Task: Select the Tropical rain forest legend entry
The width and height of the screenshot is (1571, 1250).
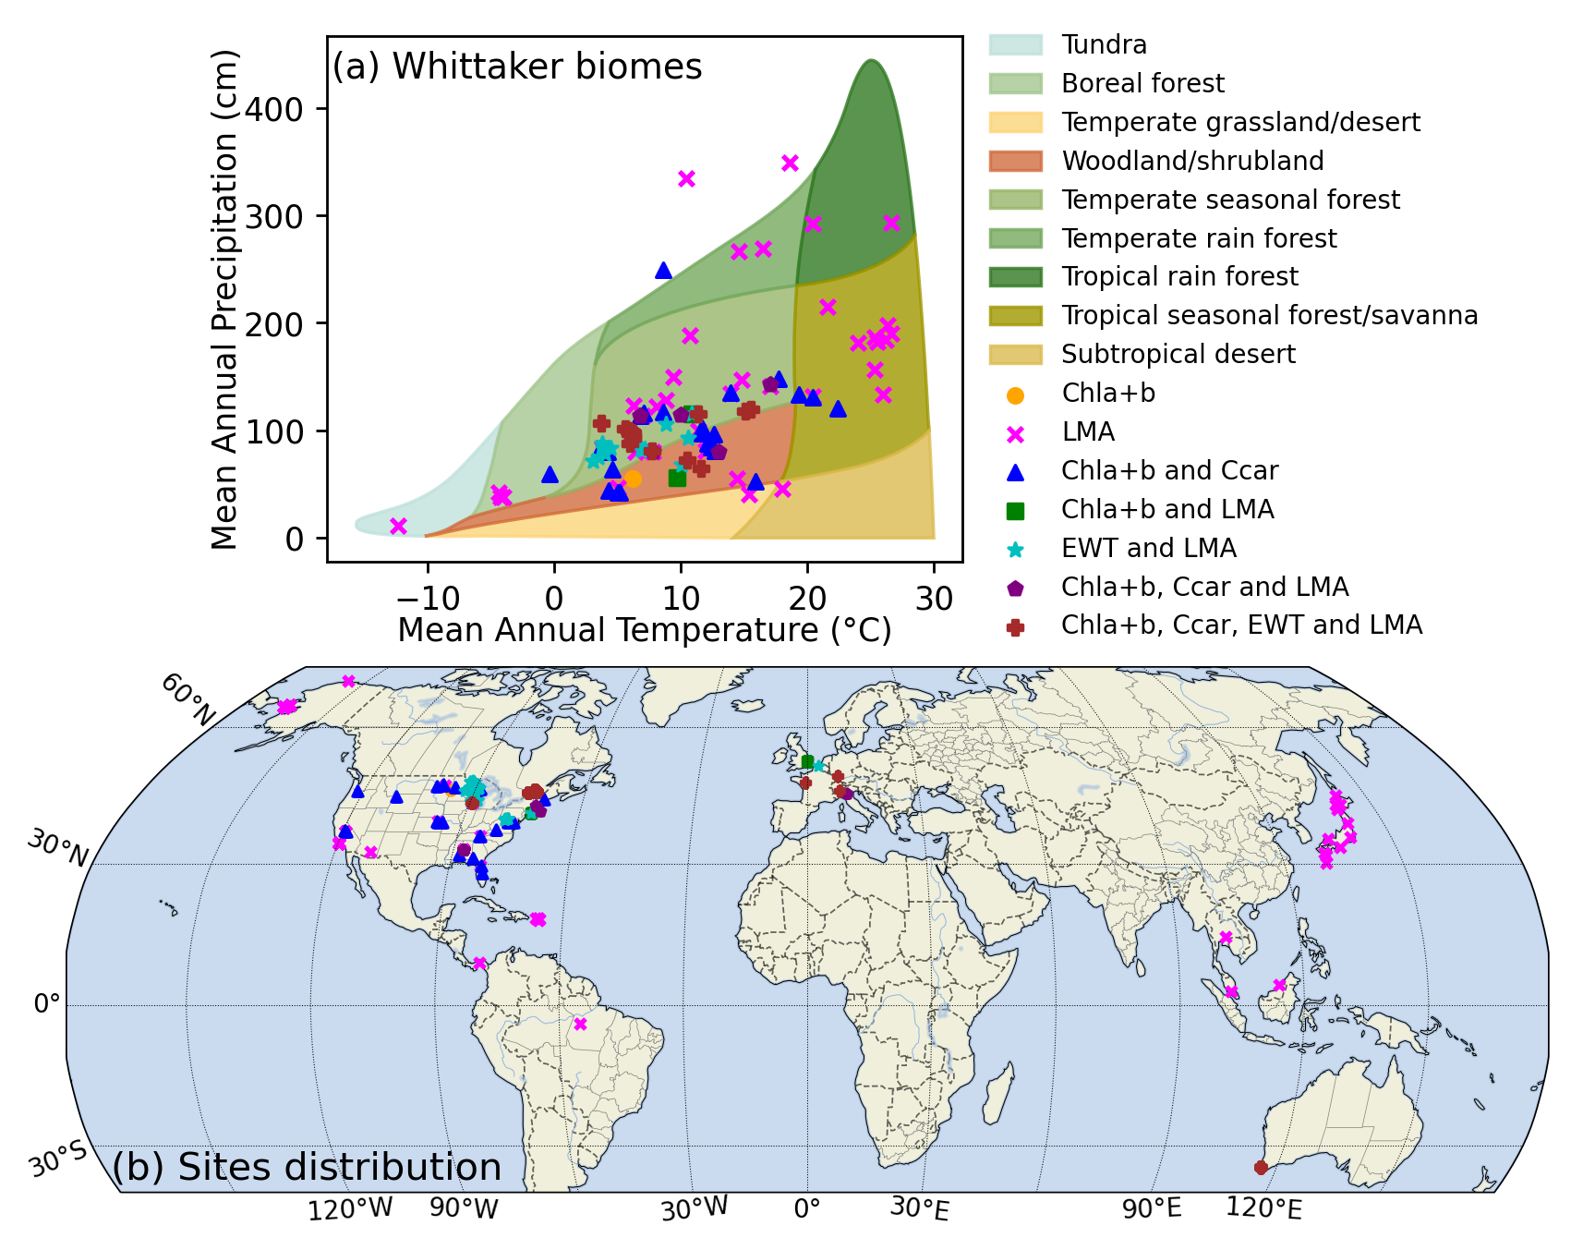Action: [x=1179, y=276]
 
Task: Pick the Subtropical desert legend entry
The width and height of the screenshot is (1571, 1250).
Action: [x=1178, y=354]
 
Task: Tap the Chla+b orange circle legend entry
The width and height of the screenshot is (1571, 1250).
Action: [x=1107, y=394]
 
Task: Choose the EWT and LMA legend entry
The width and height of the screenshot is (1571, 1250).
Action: [x=1148, y=548]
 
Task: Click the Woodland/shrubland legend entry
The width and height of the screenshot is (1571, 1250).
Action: [x=1191, y=161]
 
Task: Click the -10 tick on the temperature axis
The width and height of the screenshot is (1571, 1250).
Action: [x=428, y=599]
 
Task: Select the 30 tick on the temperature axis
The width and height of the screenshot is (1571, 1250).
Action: [x=934, y=599]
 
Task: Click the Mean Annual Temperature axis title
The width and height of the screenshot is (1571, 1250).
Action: [x=644, y=630]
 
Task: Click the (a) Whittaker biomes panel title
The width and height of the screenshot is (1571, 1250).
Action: [x=517, y=67]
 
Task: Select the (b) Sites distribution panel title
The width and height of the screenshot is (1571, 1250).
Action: [x=307, y=1167]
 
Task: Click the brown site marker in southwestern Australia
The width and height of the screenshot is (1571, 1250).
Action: [x=1261, y=1168]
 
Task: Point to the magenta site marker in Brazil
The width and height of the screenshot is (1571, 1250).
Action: [x=580, y=1024]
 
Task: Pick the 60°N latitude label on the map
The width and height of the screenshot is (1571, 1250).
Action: [x=188, y=698]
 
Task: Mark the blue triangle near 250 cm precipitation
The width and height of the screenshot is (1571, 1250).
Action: [x=663, y=271]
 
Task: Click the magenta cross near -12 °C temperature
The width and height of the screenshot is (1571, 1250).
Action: [x=398, y=526]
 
